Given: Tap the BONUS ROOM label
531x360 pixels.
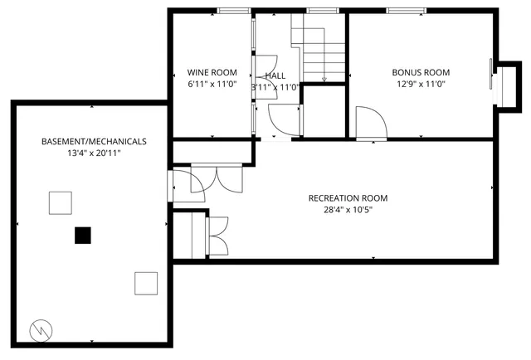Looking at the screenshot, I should pyautogui.click(x=421, y=72).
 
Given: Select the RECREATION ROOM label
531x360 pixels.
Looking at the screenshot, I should pyautogui.click(x=348, y=198).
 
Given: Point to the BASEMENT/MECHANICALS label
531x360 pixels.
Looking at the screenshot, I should pyautogui.click(x=94, y=142).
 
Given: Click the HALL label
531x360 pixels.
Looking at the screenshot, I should pyautogui.click(x=275, y=75).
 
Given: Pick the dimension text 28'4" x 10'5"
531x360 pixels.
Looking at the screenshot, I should pyautogui.click(x=348, y=210).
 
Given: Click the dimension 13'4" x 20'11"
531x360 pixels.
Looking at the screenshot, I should pyautogui.click(x=94, y=153).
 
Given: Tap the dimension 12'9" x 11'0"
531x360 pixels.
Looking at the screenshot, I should pyautogui.click(x=421, y=84).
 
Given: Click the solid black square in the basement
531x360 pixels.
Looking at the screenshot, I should pyautogui.click(x=82, y=236).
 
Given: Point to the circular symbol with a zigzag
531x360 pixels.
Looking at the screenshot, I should pyautogui.click(x=41, y=329).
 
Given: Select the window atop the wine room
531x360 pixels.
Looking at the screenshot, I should pyautogui.click(x=234, y=11).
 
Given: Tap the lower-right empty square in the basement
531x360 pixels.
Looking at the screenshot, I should pyautogui.click(x=146, y=283).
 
